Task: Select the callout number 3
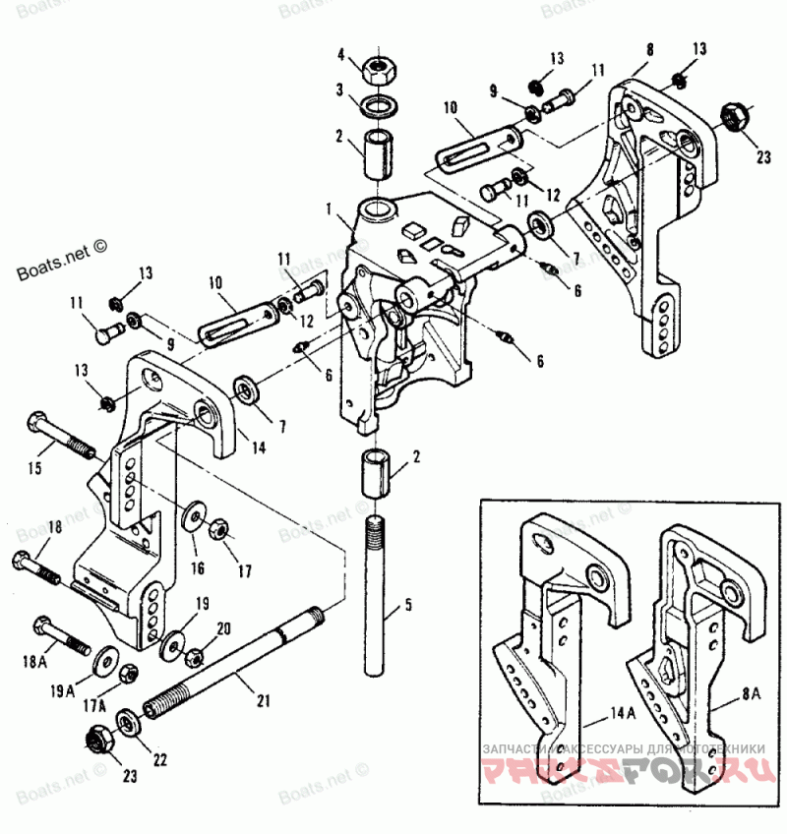click(x=338, y=89)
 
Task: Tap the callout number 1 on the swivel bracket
click(x=333, y=209)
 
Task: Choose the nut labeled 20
click(x=195, y=652)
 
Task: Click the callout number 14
click(x=258, y=447)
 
